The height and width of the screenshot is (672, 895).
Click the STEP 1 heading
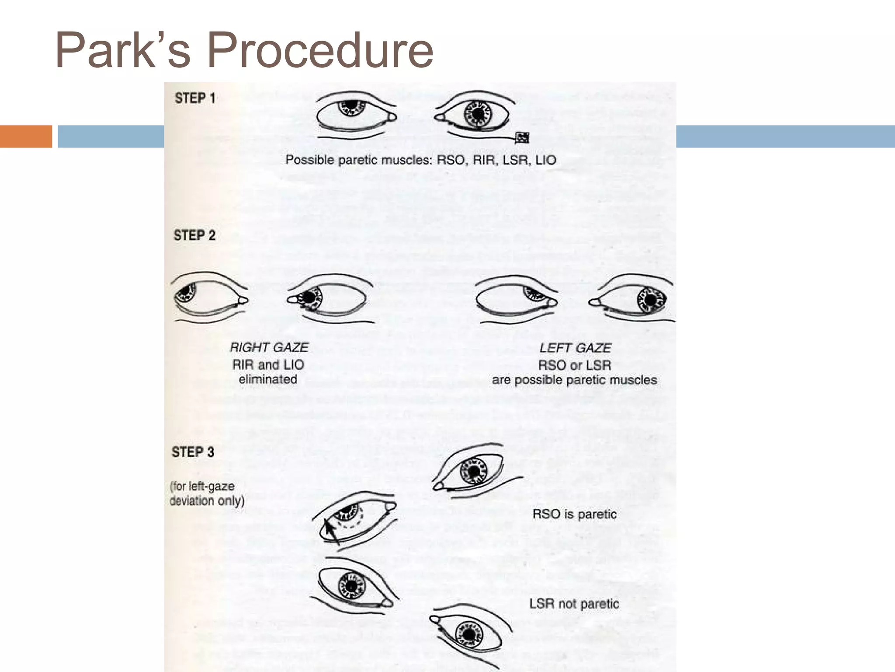coord(195,98)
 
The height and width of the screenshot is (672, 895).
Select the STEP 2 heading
coord(194,235)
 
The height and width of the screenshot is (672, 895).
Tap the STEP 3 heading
coord(193,452)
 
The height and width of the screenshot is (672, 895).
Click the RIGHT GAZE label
coord(269,347)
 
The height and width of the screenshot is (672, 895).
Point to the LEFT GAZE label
coord(575,348)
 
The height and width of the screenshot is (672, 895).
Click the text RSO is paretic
coord(574,514)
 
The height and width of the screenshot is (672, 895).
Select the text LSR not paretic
coord(574,604)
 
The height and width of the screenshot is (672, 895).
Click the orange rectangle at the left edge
coord(26,136)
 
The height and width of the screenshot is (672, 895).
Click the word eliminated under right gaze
coord(268,379)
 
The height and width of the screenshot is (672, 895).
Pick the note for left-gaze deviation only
coord(207,493)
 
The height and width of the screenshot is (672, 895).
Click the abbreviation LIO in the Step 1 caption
coord(545,160)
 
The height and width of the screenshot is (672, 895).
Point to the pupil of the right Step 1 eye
coord(479,114)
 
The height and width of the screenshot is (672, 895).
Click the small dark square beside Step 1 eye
coord(522,137)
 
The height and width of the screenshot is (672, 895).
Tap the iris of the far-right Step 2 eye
coord(651,300)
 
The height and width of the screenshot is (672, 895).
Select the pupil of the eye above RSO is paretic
coord(474,472)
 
